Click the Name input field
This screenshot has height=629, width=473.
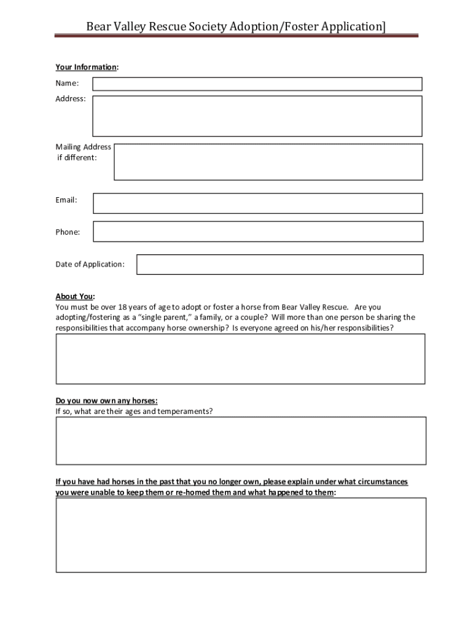coord(257,84)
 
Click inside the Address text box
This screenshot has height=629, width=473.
coord(257,116)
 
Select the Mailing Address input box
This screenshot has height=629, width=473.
coord(268,162)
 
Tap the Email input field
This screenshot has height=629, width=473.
coord(258,203)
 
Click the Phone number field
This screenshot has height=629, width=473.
coord(258,232)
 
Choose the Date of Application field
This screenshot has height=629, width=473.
coord(279,265)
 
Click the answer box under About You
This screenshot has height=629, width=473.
coord(241,359)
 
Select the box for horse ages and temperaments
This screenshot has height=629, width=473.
coord(241,440)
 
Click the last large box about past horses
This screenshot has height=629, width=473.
coord(241,535)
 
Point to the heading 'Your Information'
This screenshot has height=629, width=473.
coord(87,67)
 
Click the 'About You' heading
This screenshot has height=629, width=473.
coord(75,296)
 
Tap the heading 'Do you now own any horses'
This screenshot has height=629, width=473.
coord(106,400)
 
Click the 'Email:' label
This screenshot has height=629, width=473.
coord(66,200)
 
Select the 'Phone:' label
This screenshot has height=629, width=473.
coord(68,232)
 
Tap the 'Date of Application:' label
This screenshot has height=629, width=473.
coord(90,264)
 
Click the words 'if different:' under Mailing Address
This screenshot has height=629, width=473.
coord(77,158)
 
